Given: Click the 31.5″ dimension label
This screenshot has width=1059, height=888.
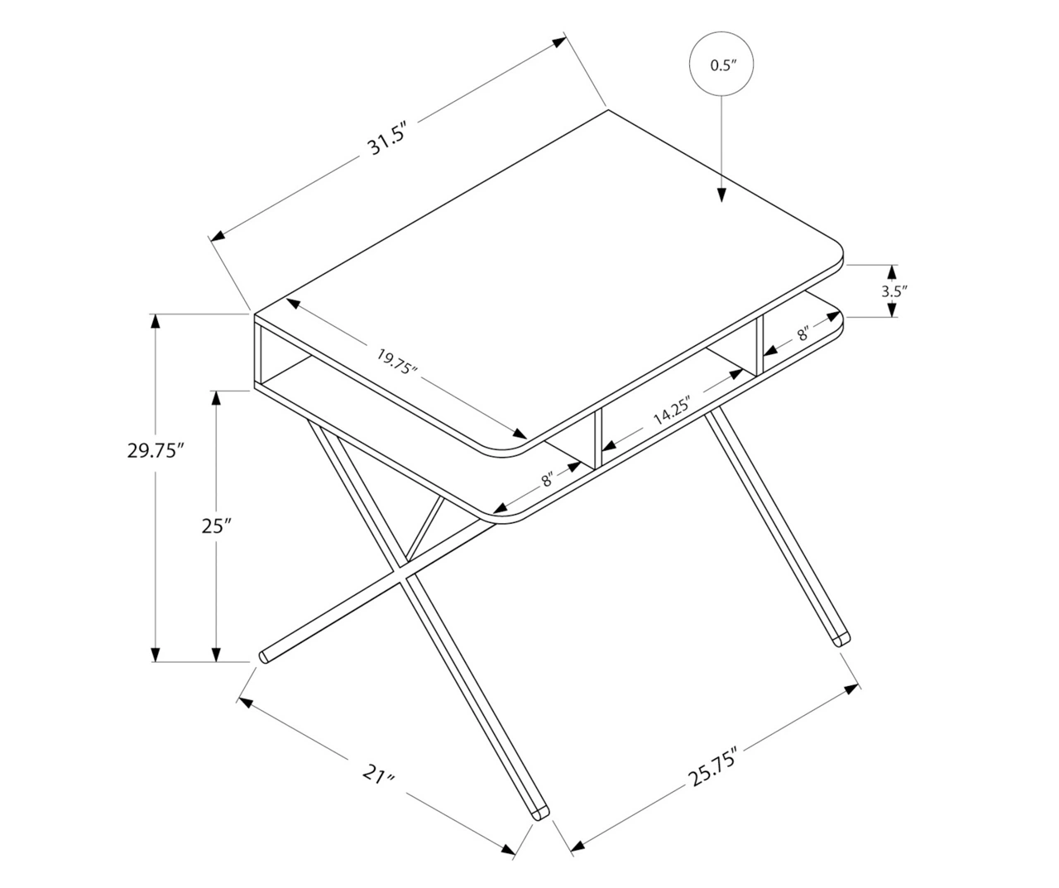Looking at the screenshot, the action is [x=388, y=138].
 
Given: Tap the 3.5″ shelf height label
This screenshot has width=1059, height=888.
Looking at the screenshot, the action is [x=894, y=291].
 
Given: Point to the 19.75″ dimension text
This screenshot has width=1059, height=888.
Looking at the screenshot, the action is [x=396, y=362].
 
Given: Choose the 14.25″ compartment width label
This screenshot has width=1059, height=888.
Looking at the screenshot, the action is [x=673, y=410].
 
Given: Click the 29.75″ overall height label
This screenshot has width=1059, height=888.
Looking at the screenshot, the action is [x=155, y=450].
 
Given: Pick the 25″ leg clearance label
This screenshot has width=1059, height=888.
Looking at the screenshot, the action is [x=216, y=526].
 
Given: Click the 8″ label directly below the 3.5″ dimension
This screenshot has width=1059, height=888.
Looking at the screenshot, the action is [x=803, y=334].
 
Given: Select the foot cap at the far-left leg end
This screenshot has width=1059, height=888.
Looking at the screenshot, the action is [x=264, y=656].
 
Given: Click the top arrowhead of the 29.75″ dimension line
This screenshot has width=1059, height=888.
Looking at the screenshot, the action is [x=156, y=321].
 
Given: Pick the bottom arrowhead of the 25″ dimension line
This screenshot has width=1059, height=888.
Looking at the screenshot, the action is [x=216, y=655].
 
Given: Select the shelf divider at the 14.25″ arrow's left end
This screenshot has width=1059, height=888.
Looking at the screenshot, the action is [x=598, y=439].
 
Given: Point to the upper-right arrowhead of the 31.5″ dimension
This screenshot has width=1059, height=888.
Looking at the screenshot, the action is [x=559, y=41].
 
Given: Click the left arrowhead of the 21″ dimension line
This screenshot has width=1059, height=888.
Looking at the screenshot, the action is [x=246, y=703].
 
